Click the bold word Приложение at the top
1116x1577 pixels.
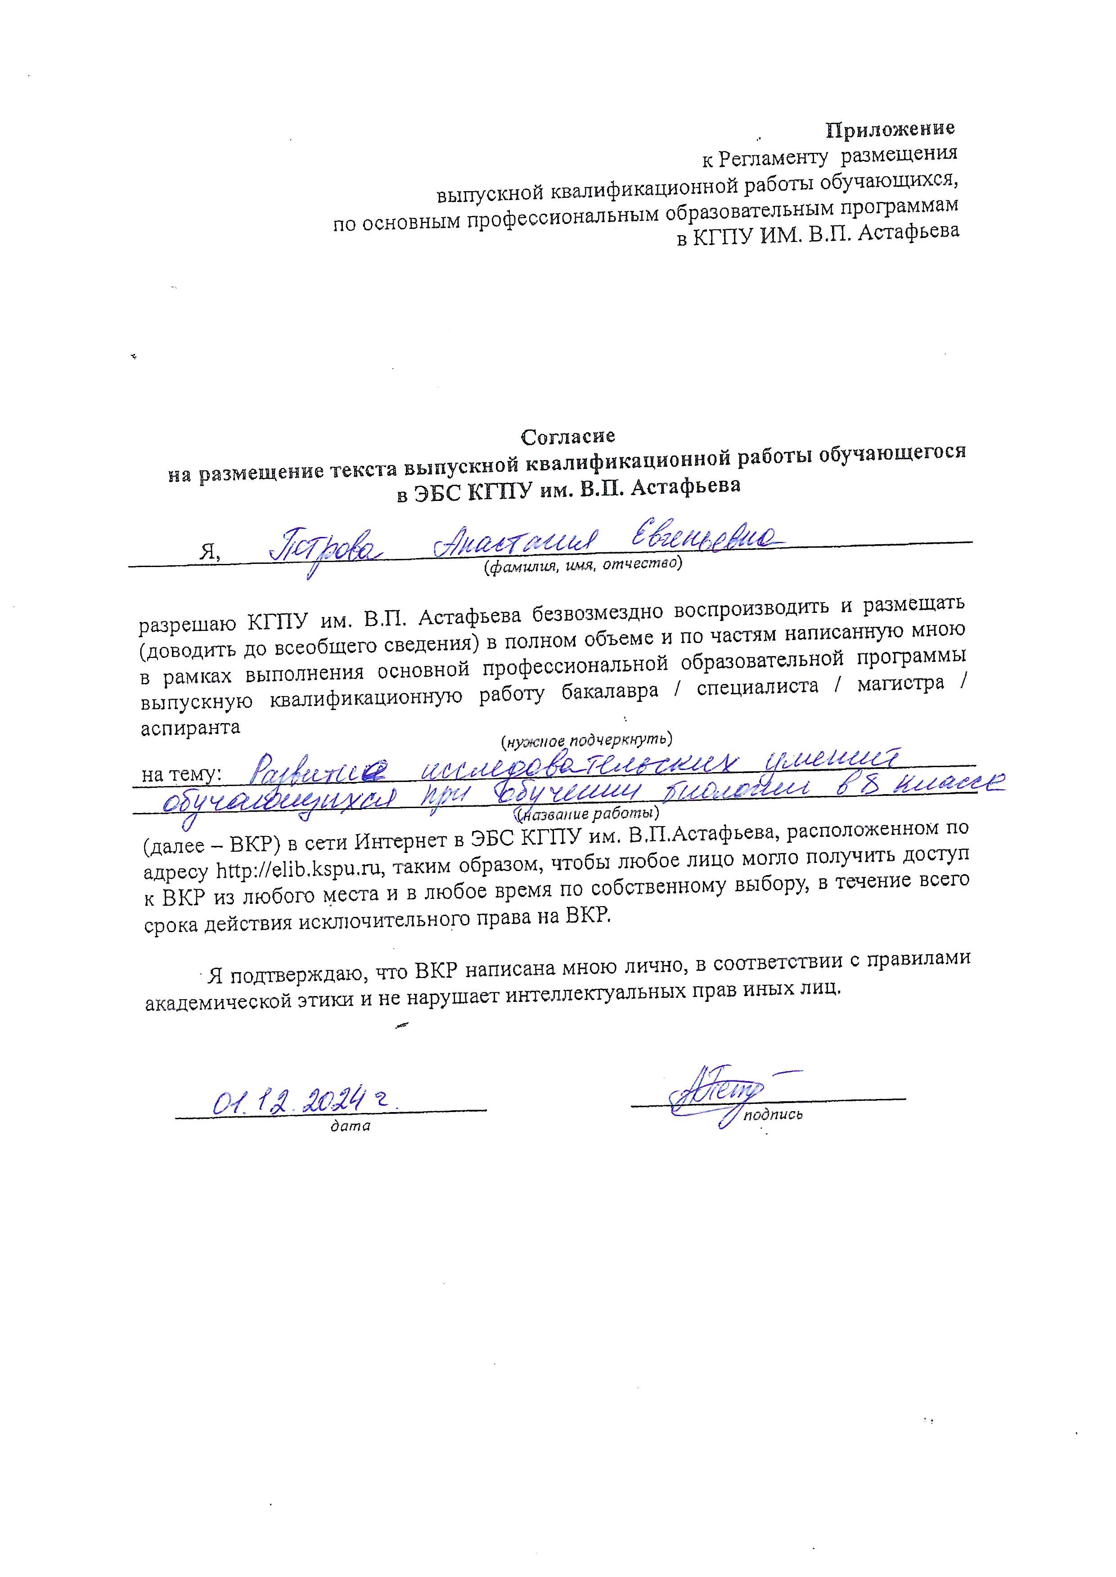tap(890, 129)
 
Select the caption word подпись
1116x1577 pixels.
tap(773, 1115)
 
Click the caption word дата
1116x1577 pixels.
tap(351, 1126)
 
